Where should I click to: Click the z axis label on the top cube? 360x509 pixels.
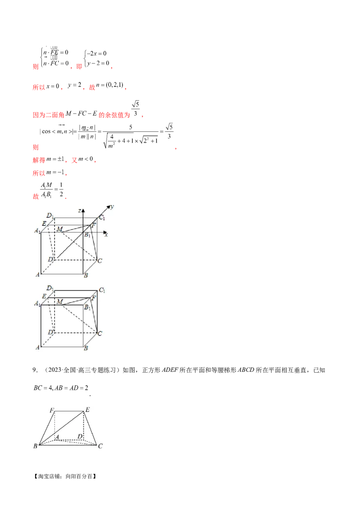(79, 211)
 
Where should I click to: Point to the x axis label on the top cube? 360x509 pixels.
(106, 234)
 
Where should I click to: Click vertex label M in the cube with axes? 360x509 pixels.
(60, 229)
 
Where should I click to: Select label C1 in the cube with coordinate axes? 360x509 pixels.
(102, 218)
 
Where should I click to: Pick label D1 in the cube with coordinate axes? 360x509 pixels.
(50, 216)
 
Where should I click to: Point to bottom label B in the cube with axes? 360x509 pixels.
(85, 275)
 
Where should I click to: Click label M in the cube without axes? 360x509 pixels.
(59, 301)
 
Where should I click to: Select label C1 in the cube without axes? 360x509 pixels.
(102, 290)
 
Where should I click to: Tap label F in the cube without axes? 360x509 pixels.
(93, 297)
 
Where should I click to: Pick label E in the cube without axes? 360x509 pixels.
(43, 296)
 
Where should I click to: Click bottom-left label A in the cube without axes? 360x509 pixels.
(37, 348)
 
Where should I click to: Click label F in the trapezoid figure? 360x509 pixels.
(52, 410)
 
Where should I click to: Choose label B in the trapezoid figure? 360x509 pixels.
(36, 446)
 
